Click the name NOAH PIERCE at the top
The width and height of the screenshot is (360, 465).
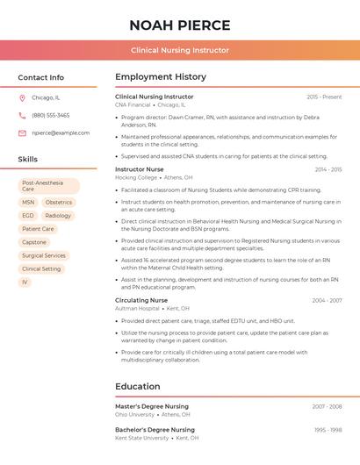(180, 25)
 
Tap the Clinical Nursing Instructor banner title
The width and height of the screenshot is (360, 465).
(180, 50)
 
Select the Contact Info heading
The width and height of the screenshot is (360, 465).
(41, 77)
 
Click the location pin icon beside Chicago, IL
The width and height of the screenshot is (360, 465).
(22, 98)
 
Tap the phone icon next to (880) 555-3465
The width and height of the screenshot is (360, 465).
(22, 116)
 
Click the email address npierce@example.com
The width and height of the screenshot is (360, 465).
(61, 133)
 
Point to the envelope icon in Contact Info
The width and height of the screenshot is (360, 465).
(22, 133)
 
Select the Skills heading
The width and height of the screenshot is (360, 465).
(28, 160)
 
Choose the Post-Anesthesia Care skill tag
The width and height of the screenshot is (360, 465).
(48, 186)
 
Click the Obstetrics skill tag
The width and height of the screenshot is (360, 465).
(59, 203)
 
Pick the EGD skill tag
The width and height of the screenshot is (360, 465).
(28, 216)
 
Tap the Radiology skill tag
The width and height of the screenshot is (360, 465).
(58, 216)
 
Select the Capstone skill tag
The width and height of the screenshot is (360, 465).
(34, 242)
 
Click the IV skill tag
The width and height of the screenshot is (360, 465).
(25, 283)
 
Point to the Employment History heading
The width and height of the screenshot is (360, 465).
(161, 77)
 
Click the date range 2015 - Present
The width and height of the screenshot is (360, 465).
(324, 97)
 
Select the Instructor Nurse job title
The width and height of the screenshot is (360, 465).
(140, 169)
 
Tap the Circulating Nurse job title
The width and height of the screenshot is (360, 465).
(141, 300)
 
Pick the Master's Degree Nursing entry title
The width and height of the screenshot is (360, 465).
(152, 407)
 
